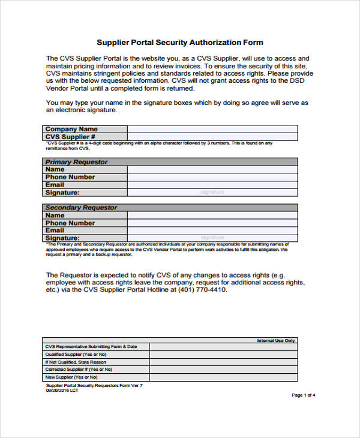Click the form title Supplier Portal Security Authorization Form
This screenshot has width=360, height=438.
[180, 43]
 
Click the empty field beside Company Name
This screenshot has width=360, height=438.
[212, 129]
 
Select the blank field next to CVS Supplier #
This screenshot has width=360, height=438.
[212, 137]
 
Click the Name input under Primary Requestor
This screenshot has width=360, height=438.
[212, 170]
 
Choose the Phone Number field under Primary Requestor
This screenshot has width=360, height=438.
[212, 178]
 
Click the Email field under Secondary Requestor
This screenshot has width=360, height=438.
[212, 230]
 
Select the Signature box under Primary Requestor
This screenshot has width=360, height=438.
[212, 193]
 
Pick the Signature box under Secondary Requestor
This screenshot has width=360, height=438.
[212, 238]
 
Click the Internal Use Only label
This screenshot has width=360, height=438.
[276, 340]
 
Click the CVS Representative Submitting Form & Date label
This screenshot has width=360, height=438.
[91, 347]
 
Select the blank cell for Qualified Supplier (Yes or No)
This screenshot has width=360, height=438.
[223, 354]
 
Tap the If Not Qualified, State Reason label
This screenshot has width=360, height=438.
[76, 362]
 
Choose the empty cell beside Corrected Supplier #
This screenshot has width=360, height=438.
[223, 370]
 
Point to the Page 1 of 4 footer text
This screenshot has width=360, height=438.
[303, 395]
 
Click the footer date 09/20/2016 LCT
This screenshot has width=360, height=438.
[62, 390]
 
